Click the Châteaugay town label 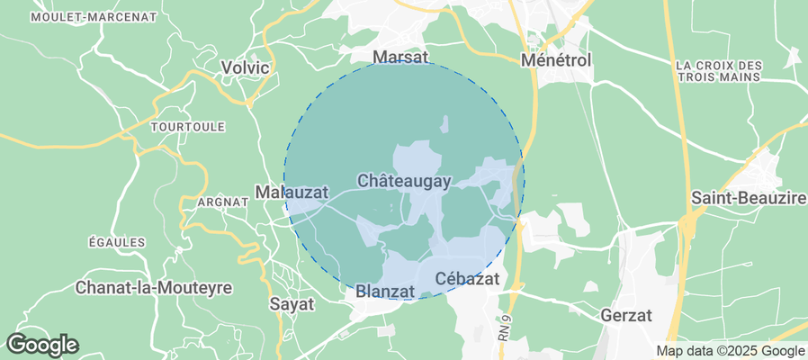point(404,181)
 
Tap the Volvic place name point(246,67)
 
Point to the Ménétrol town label point(556,61)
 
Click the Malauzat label point(292,193)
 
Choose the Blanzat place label point(384,291)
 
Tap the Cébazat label point(466,279)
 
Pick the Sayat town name point(292,304)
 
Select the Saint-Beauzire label point(748,197)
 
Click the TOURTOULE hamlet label point(188,128)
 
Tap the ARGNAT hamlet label point(221,202)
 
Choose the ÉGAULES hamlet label point(117,242)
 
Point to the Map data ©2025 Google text point(730,351)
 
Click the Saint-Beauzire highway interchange point(688,225)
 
